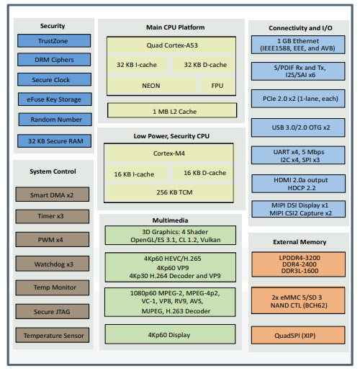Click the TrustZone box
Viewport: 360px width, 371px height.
pos(53,41)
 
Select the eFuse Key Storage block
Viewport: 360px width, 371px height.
pos(53,99)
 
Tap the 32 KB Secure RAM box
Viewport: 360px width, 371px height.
pos(53,141)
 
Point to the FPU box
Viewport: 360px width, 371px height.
pos(217,85)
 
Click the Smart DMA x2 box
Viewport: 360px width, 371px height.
pos(53,195)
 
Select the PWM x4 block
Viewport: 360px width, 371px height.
pos(53,240)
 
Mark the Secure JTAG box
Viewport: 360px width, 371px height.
pos(53,311)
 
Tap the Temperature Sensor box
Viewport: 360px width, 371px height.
pos(53,335)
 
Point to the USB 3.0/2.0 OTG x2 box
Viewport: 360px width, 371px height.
pos(301,128)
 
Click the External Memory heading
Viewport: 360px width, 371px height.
pos(301,242)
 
